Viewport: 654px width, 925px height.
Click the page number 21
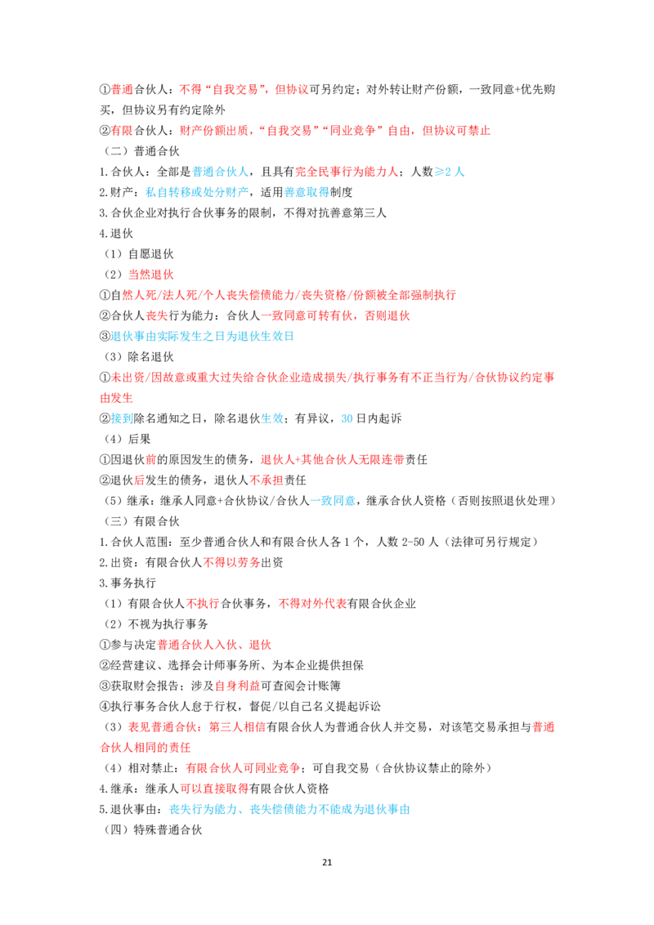coord(327,862)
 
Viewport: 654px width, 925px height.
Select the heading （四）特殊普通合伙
coord(153,830)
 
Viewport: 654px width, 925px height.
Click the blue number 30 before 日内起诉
coord(347,419)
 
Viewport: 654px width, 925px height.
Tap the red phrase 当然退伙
coord(150,275)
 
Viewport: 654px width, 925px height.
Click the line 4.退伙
coord(116,234)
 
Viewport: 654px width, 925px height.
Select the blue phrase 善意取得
coord(307,192)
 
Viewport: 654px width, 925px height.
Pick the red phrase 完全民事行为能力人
coord(347,172)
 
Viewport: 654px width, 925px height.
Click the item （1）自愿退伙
coord(139,254)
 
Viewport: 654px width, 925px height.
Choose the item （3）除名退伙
coord(139,357)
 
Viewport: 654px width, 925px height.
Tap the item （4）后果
coord(128,440)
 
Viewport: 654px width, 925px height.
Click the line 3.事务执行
coord(128,583)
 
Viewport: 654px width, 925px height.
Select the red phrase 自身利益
coord(237,686)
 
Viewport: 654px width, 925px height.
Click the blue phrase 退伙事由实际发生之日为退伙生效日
coord(203,337)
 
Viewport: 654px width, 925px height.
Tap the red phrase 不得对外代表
coord(312,604)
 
